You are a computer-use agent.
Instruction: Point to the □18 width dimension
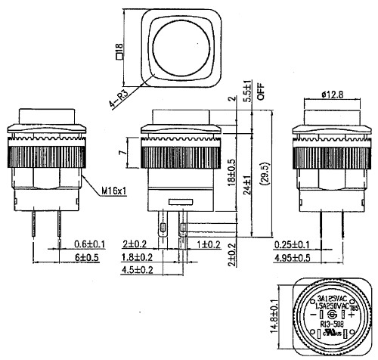118,51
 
